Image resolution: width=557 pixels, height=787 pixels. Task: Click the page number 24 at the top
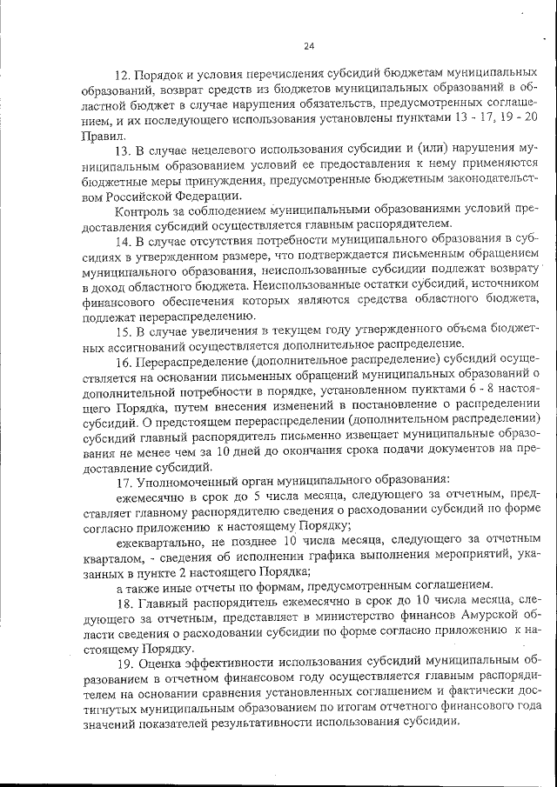pyautogui.click(x=309, y=46)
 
